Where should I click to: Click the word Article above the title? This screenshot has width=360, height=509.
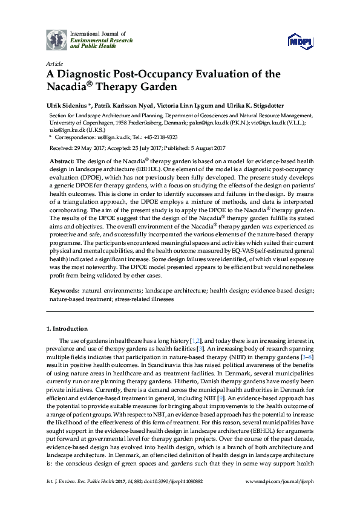point(55,63)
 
